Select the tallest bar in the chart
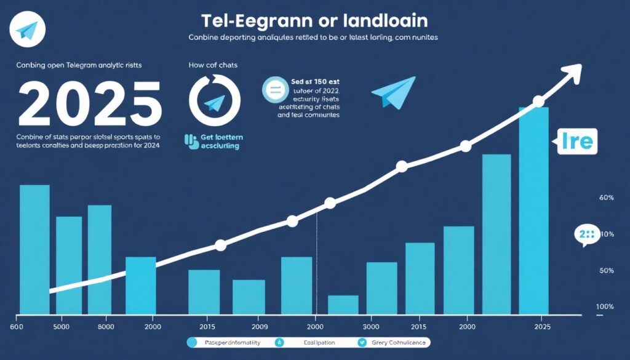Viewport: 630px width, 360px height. click(x=533, y=209)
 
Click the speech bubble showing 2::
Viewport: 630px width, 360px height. click(x=587, y=235)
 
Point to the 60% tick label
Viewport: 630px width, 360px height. click(x=606, y=198)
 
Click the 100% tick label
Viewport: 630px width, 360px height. click(x=605, y=306)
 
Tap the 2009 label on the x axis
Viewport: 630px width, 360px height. click(x=259, y=326)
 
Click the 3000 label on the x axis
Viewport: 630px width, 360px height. click(x=370, y=326)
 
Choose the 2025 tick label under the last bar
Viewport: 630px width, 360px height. click(x=542, y=326)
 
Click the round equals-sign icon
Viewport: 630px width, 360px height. click(x=274, y=90)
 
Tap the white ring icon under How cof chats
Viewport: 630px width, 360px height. click(x=215, y=100)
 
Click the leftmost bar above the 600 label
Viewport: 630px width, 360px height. click(x=34, y=249)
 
